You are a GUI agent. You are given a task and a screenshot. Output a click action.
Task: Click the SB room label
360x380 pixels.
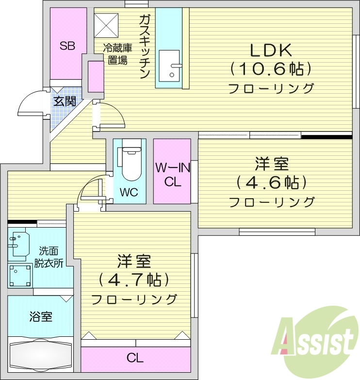[x=67, y=46]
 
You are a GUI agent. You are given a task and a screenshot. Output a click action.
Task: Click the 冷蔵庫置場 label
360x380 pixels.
[x=117, y=54]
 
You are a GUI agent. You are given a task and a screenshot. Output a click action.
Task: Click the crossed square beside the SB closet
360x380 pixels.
[x=106, y=24]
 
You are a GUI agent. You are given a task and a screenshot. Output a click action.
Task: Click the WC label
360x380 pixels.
[x=129, y=192]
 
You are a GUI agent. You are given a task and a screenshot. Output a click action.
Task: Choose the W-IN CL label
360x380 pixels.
[x=172, y=175]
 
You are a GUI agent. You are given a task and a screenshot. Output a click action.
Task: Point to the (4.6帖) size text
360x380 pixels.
[x=272, y=183]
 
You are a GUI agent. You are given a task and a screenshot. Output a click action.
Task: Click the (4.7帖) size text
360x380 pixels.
[x=134, y=280]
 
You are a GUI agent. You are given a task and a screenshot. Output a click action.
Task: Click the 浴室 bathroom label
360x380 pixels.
[x=41, y=317]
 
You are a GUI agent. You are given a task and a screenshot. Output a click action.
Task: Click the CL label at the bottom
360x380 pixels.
[x=135, y=359]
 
